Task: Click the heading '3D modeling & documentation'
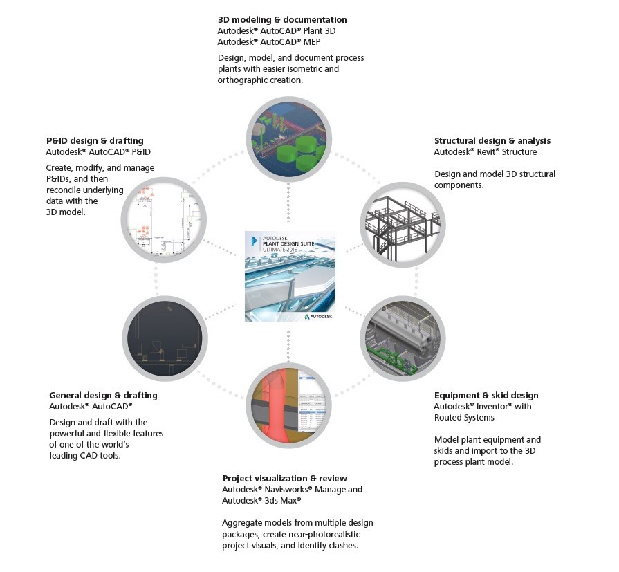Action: tap(282, 20)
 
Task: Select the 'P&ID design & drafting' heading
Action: tap(95, 140)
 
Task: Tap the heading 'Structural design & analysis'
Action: tap(492, 141)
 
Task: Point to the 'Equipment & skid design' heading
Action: tap(486, 396)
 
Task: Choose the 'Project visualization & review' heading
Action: tap(284, 478)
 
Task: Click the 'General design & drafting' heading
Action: tap(103, 396)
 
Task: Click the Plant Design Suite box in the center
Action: tap(290, 275)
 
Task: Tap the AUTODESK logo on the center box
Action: tap(319, 315)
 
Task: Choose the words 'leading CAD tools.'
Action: tap(91, 455)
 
